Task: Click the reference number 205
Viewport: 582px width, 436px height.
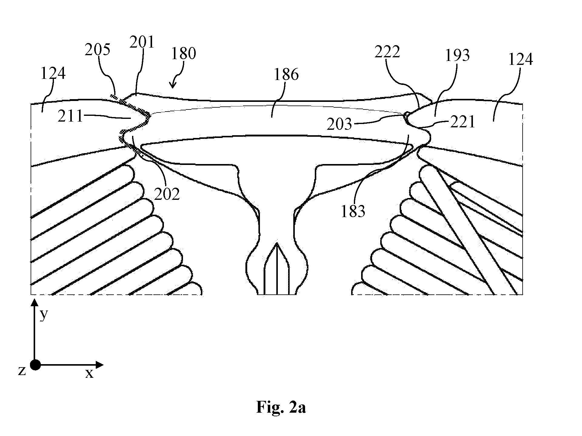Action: (97, 50)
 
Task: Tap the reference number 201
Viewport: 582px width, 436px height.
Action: (142, 42)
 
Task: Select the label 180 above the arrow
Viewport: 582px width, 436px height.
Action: (184, 54)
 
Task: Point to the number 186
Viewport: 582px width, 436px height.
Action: (286, 75)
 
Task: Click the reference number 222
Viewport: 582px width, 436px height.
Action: (387, 52)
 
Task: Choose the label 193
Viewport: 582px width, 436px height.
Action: (457, 55)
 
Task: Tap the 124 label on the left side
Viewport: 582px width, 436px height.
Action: (53, 74)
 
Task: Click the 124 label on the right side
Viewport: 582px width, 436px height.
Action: (520, 60)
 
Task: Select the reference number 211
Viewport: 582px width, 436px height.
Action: (71, 116)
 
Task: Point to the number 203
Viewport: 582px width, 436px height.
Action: (339, 124)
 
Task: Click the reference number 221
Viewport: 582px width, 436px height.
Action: (462, 122)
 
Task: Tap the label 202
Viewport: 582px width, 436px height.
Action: (167, 194)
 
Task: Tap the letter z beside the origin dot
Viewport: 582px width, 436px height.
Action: (22, 371)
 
